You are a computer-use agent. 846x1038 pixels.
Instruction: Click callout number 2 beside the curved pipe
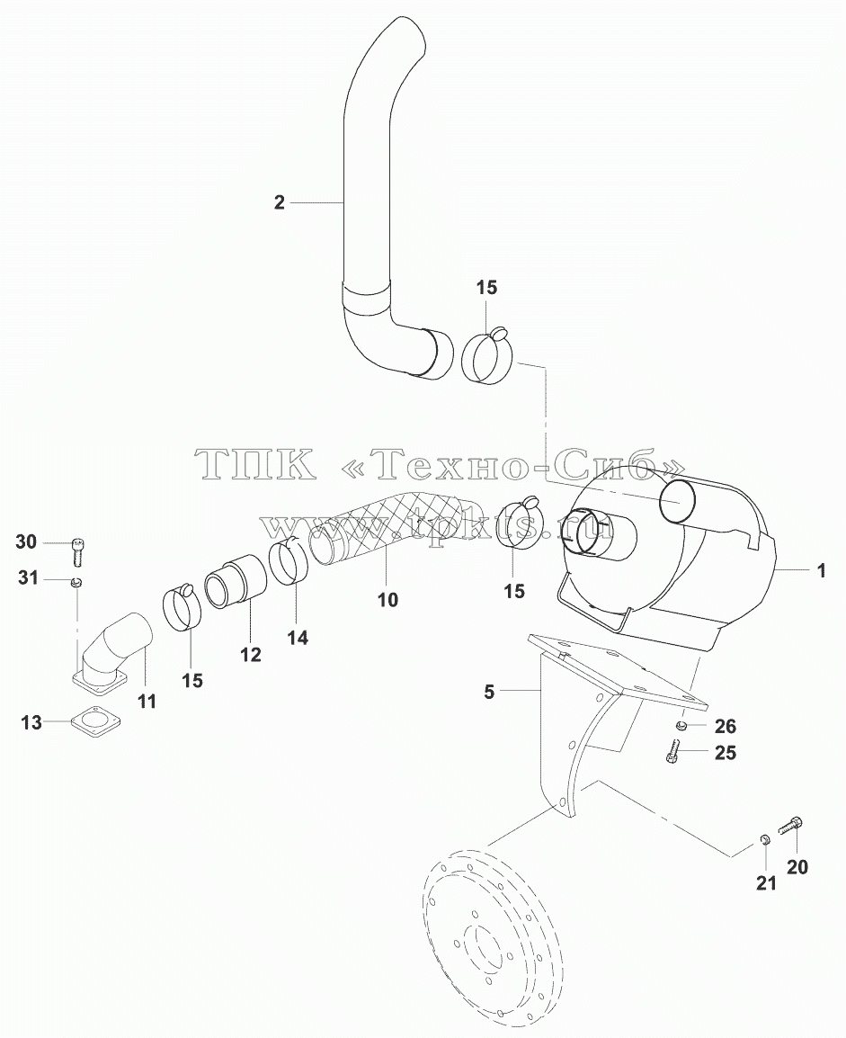[x=279, y=202]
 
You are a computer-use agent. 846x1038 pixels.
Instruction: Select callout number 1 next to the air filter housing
[x=822, y=570]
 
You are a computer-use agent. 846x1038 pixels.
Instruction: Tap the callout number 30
[x=26, y=541]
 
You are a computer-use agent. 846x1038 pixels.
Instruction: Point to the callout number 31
[x=28, y=578]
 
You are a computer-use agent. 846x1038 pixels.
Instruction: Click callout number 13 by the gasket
[x=31, y=722]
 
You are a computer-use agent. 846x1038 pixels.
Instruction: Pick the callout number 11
[x=147, y=701]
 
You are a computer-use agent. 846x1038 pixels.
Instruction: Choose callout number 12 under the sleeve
[x=251, y=655]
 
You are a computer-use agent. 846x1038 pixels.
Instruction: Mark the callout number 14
[x=298, y=638]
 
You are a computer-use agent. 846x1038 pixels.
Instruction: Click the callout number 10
[x=388, y=600]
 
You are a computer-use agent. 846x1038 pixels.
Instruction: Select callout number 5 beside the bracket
[x=489, y=692]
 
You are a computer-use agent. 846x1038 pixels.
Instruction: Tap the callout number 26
[x=726, y=726]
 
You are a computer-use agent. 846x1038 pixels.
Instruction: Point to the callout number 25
[x=726, y=753]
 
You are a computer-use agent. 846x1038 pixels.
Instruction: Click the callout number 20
[x=797, y=866]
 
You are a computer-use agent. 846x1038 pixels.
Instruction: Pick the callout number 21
[x=766, y=882]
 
